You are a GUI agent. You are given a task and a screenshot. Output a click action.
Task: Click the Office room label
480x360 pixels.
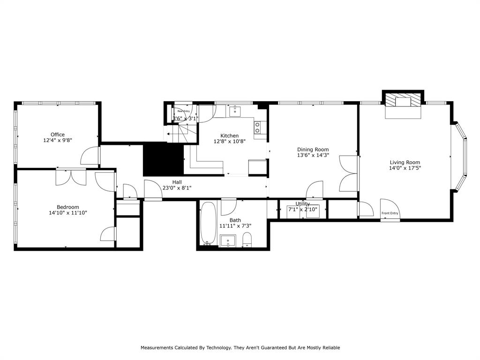[58, 135]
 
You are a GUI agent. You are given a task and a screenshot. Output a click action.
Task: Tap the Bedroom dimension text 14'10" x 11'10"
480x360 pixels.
[68, 213]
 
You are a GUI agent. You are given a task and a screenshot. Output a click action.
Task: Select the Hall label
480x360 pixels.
[177, 182]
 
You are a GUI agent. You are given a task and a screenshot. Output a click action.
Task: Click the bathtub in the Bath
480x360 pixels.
[208, 223]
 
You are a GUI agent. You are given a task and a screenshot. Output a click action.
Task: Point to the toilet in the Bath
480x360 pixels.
[247, 240]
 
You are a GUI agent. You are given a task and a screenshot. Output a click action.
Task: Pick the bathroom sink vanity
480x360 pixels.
[228, 240]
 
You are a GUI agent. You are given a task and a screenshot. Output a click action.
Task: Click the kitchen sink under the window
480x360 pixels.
[235, 112]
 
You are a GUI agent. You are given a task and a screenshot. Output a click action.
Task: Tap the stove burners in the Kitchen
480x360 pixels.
[257, 127]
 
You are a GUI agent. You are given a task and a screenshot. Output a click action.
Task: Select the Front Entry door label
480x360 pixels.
[390, 214]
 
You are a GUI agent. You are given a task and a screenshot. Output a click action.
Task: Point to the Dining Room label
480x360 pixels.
[313, 150]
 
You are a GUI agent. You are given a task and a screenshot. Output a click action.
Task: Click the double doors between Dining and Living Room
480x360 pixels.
[349, 173]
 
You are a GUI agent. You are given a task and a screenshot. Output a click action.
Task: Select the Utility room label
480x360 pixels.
[302, 204]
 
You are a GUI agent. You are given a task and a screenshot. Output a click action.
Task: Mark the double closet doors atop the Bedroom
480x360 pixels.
[71, 177]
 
